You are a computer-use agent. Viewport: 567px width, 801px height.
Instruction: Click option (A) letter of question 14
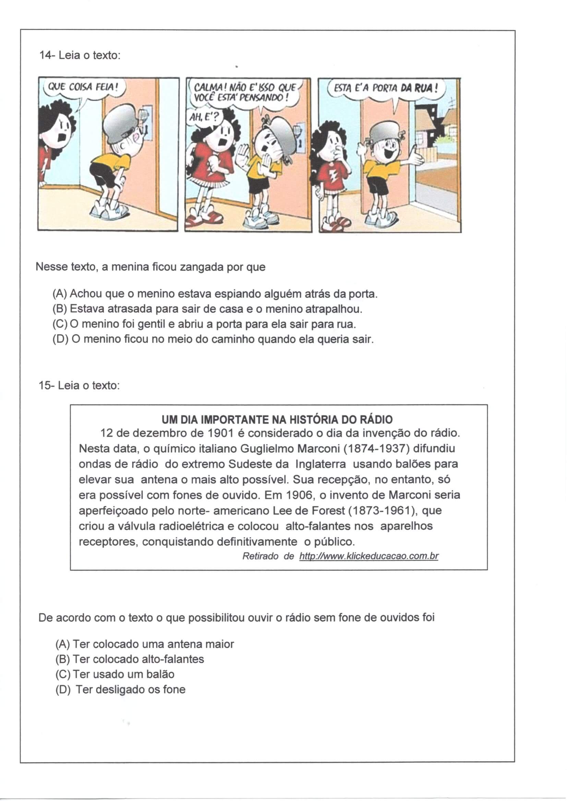click(60, 294)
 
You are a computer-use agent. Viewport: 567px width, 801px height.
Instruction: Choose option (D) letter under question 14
click(60, 339)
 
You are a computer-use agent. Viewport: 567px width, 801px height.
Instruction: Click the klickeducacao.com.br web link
click(369, 556)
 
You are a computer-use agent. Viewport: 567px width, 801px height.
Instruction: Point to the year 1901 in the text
click(220, 433)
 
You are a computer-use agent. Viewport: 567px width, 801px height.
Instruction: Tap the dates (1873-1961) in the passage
click(383, 510)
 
